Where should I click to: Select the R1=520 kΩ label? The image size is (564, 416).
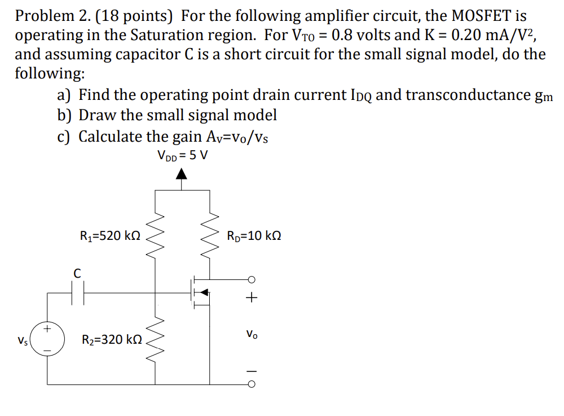pos(111,236)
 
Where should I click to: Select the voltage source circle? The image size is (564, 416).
pos(47,338)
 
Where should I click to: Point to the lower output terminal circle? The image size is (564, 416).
pos(252,384)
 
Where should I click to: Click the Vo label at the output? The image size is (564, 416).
pos(252,334)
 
